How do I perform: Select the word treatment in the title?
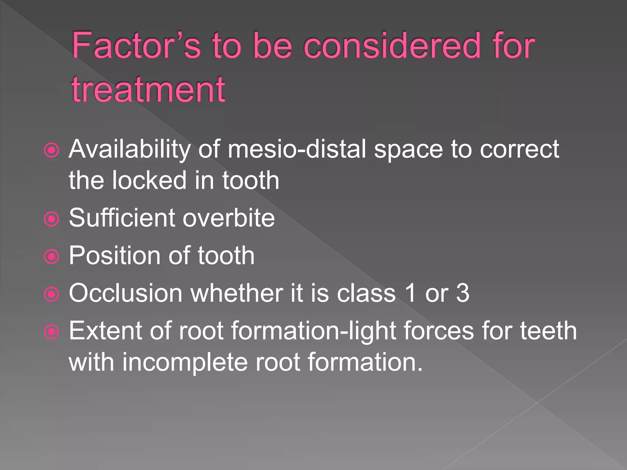point(148,89)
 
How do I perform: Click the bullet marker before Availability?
point(51,150)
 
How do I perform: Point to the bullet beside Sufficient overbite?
point(51,219)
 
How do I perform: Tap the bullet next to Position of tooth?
point(51,257)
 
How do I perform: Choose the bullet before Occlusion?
point(51,294)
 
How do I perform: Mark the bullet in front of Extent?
point(51,332)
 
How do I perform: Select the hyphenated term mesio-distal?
point(297,149)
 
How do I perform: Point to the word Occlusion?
point(126,293)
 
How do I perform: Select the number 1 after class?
point(410,293)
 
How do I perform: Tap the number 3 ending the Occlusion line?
point(463,293)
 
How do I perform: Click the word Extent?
point(105,331)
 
